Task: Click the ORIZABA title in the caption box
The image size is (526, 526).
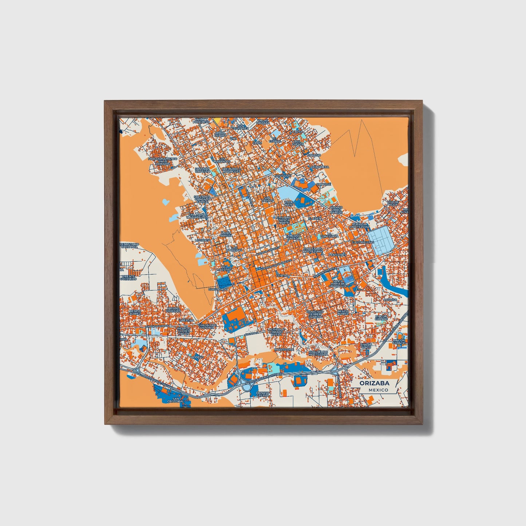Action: coord(374,383)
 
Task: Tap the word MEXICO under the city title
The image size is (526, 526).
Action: coord(378,390)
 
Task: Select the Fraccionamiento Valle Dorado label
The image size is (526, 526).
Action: coord(162,161)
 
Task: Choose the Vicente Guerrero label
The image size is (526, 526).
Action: coord(128,277)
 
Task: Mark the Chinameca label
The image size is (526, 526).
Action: coord(319,167)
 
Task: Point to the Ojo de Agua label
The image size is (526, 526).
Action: coord(393,203)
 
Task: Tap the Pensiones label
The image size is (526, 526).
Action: coord(337,255)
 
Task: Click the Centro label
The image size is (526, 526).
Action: coord(282,276)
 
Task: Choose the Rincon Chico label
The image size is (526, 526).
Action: coord(365,346)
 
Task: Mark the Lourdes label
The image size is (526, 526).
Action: coord(203,241)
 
